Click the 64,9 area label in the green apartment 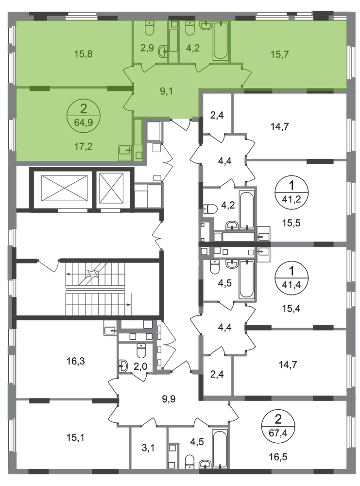point(84,122)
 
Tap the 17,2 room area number point(84,146)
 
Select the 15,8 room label point(84,54)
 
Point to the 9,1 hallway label point(166,91)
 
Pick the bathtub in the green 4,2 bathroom point(221,41)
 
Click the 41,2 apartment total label point(291,199)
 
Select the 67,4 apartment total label point(278,433)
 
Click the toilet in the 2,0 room point(141,351)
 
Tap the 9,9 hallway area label point(169,399)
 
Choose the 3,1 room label point(148,448)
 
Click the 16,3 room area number point(76,361)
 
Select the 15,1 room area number point(76,438)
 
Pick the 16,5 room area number point(278,457)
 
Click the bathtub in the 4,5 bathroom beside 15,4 point(247,279)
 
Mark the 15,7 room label point(279,54)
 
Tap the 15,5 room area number point(291,223)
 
